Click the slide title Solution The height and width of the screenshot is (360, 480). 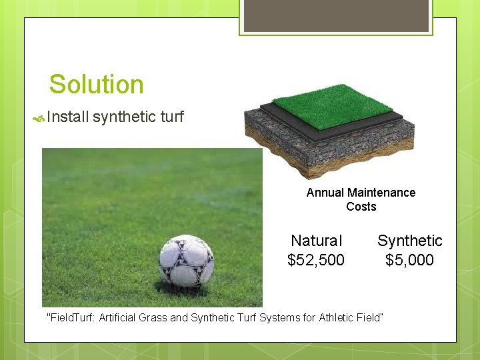[96, 85]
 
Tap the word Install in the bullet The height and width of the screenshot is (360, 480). [68, 118]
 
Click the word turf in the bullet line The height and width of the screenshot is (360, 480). [172, 118]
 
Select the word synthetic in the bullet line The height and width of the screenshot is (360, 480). [125, 118]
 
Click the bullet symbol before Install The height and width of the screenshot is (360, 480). [39, 119]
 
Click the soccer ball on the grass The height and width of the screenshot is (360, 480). [186, 261]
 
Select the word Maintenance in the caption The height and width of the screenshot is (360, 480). [381, 193]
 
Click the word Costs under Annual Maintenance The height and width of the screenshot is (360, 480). [361, 207]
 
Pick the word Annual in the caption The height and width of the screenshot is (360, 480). [325, 193]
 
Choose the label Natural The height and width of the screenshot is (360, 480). [316, 241]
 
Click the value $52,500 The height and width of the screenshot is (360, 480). [316, 260]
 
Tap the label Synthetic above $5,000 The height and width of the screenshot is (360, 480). [409, 241]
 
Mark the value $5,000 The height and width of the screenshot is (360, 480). [409, 260]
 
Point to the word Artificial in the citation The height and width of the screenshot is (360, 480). [118, 317]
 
